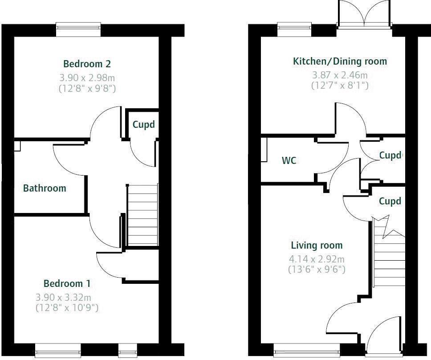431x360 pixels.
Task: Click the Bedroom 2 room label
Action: (x=87, y=64)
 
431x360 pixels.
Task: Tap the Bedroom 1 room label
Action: (x=67, y=283)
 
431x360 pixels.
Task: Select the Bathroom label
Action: (x=45, y=188)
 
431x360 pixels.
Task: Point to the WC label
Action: (x=289, y=160)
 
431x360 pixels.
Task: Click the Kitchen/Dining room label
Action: (x=340, y=61)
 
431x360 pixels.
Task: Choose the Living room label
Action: (x=317, y=245)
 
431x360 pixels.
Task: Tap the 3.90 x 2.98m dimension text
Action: (x=87, y=78)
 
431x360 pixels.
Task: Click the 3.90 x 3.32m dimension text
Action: (x=63, y=297)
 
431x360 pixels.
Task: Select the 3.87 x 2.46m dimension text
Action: (x=340, y=75)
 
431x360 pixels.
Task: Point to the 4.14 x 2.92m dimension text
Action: (x=317, y=259)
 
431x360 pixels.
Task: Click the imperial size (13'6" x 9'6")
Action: (x=317, y=269)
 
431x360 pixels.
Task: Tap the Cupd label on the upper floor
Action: (x=143, y=125)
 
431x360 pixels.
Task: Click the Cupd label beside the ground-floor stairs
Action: (x=390, y=201)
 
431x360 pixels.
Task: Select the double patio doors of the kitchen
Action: (x=364, y=14)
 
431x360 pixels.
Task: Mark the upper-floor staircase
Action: (x=142, y=215)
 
